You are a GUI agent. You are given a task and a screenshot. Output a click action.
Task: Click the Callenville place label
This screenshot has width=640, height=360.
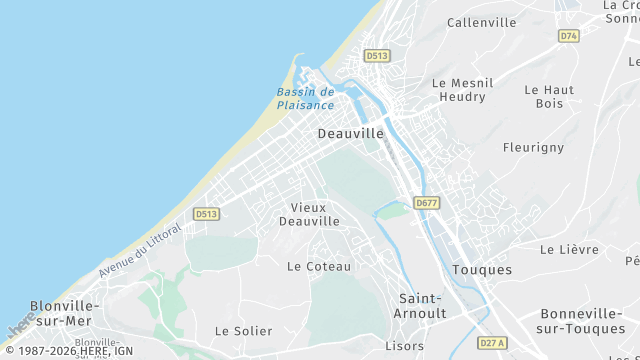pos(482,22)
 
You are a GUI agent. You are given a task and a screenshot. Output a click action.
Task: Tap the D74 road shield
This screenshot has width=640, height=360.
pos(568,36)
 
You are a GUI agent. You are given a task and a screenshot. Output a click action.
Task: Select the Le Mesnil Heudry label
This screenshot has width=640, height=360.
pos(459,90)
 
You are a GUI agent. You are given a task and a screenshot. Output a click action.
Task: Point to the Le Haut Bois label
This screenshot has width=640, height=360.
pos(549,96)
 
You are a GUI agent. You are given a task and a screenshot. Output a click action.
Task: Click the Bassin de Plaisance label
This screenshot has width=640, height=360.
pos(305,98)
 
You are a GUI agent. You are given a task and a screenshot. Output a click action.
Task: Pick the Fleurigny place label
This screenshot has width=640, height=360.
pos(533,148)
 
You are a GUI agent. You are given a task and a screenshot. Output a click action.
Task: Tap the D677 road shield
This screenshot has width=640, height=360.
pos(427,203)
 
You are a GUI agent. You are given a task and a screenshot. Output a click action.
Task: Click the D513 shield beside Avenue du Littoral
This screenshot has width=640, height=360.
pos(206,214)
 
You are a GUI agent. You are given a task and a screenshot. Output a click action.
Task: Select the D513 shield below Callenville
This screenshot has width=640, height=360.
pos(376,56)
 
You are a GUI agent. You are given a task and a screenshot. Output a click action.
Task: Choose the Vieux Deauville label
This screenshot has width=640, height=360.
pos(309,214)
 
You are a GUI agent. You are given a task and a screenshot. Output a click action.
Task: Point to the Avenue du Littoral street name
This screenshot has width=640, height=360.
pos(140,249)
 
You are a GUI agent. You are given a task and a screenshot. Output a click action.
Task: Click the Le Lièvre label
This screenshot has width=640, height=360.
pos(568,249)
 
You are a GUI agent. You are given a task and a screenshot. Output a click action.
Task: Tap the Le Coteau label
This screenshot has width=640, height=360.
pos(319,266)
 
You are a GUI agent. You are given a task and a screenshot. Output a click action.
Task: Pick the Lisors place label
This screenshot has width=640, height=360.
pos(405,346)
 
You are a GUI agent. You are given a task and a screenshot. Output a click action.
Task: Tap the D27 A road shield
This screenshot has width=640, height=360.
pos(491,342)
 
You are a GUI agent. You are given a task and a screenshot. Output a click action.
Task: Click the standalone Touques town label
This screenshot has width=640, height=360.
pos(482,270)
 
